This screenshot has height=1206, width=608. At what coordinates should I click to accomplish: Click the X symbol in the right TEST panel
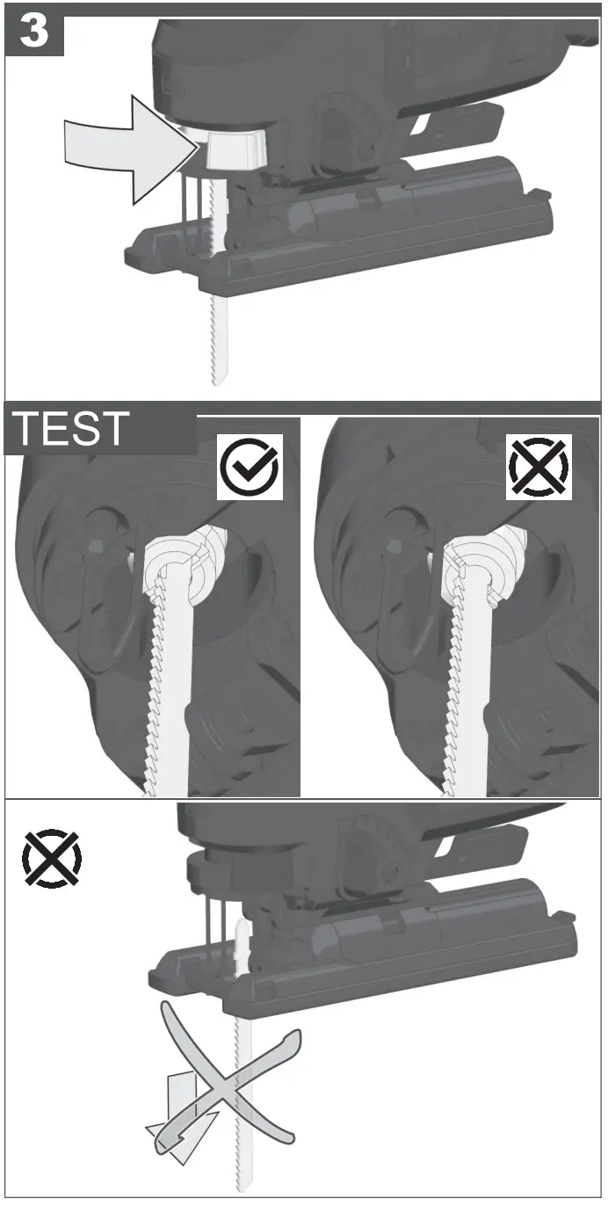point(539,467)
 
